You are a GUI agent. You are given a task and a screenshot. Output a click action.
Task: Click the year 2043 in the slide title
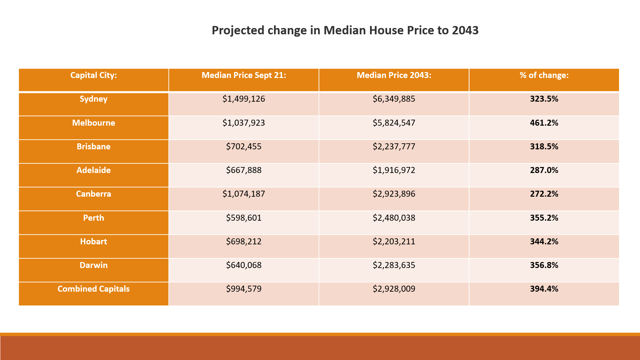click(x=465, y=30)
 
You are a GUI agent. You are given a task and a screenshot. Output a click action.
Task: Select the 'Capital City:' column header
click(x=93, y=75)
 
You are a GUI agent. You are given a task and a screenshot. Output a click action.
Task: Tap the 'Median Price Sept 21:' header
click(x=244, y=75)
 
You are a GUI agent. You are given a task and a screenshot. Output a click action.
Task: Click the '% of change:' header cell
click(x=544, y=75)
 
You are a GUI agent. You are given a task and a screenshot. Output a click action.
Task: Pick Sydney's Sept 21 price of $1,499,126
click(x=244, y=99)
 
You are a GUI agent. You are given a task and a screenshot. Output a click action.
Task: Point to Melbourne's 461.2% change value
click(x=544, y=123)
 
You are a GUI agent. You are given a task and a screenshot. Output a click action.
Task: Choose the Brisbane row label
click(x=93, y=147)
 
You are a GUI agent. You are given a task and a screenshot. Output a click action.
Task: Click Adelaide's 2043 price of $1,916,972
click(x=394, y=170)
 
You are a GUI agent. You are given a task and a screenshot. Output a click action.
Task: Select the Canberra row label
click(x=93, y=194)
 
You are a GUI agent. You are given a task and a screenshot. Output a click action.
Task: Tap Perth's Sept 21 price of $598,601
click(x=244, y=218)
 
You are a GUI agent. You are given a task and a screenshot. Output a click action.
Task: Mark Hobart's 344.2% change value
click(x=544, y=242)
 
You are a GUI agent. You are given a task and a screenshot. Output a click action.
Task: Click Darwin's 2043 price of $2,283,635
click(x=394, y=265)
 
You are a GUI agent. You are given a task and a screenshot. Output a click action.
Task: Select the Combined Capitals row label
click(x=93, y=289)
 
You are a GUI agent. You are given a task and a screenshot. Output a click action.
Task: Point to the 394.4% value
click(x=544, y=289)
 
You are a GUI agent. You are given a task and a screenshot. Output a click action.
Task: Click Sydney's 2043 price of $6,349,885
click(x=394, y=99)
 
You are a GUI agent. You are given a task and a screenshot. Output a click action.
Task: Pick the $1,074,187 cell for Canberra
click(x=244, y=194)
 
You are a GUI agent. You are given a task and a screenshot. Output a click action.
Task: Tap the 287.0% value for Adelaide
click(x=544, y=170)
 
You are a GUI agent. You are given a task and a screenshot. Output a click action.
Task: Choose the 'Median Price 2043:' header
click(x=394, y=75)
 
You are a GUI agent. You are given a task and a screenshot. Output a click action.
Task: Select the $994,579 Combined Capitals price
click(x=244, y=289)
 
